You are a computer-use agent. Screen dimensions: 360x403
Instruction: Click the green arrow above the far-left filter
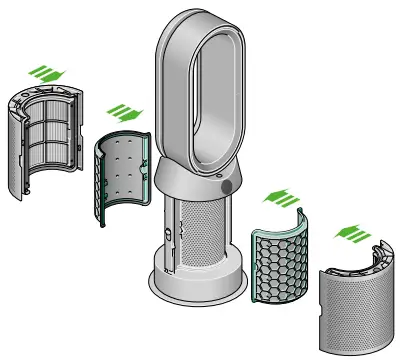[x=43, y=71]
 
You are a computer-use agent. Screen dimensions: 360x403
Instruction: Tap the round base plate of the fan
[x=200, y=286]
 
